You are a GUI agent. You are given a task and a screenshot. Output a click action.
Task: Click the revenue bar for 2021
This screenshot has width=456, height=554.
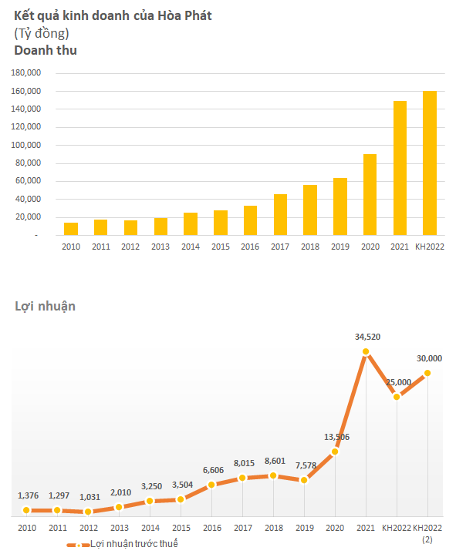[400, 168]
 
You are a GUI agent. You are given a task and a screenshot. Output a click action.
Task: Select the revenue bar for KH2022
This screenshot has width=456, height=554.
[430, 163]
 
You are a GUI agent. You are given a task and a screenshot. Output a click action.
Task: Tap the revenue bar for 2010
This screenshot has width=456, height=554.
[71, 229]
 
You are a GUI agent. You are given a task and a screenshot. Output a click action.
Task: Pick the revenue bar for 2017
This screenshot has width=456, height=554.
[280, 215]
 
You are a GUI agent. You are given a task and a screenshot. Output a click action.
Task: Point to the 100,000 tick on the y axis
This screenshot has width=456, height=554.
[25, 145]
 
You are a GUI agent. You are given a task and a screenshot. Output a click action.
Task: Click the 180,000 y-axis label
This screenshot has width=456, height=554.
[25, 72]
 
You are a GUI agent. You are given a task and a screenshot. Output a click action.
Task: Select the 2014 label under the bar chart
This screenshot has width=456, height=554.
[191, 247]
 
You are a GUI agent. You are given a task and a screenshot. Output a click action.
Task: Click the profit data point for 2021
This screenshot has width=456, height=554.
[366, 351]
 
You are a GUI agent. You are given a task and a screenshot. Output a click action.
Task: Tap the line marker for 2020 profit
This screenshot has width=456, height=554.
[335, 452]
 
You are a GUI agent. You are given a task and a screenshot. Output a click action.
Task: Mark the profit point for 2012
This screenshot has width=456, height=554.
[88, 512]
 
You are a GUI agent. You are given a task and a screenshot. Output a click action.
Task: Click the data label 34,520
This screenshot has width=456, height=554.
[367, 337]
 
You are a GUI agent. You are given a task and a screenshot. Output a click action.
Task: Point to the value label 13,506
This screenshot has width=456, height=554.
[336, 437]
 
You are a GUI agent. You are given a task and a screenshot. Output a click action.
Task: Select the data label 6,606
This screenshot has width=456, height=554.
[213, 470]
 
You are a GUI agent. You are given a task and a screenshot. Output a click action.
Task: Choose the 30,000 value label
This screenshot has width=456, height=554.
[429, 358]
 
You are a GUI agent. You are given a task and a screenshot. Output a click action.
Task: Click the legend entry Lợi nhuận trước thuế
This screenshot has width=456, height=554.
[123, 544]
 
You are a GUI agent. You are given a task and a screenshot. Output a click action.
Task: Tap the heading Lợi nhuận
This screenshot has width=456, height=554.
[45, 307]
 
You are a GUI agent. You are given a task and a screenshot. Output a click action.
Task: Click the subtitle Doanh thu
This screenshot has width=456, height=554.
[46, 51]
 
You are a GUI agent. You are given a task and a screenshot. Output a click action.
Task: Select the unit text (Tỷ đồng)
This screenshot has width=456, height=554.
[42, 34]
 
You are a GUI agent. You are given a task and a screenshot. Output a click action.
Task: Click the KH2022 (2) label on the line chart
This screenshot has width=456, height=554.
[427, 532]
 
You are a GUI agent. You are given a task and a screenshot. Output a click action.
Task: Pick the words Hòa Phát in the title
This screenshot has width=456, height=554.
[184, 16]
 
